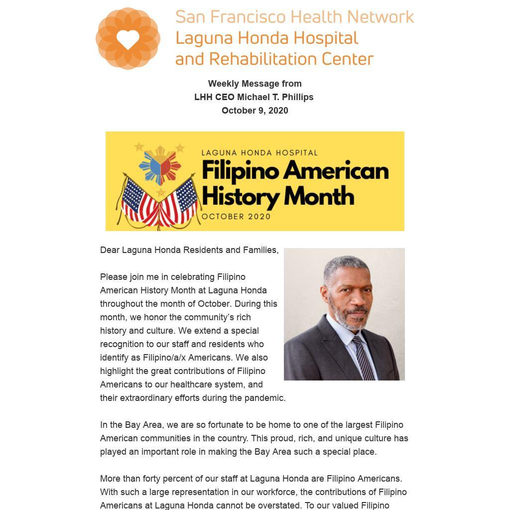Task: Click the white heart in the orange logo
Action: click(x=128, y=39)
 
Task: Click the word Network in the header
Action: click(x=381, y=17)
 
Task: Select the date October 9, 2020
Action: click(x=255, y=111)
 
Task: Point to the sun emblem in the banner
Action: click(x=160, y=165)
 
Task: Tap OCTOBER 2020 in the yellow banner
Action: click(x=236, y=217)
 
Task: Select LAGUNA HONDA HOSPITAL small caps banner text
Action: click(x=259, y=153)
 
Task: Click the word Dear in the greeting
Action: click(x=110, y=250)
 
